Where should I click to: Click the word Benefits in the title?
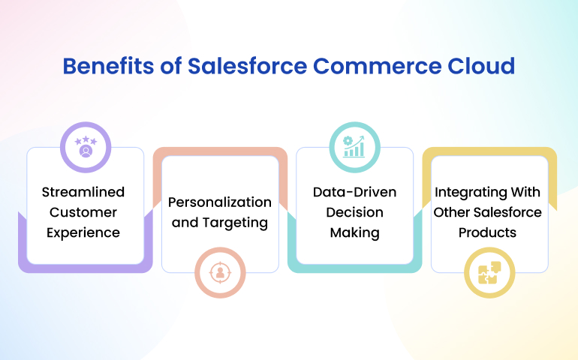click(x=108, y=66)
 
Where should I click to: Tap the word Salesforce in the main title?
click(x=248, y=66)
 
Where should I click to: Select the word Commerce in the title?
click(x=377, y=66)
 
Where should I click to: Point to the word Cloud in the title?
click(x=481, y=66)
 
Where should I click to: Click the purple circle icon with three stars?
click(x=86, y=147)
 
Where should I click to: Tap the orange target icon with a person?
click(x=220, y=273)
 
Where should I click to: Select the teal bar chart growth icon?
click(x=354, y=147)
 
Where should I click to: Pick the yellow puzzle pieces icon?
click(x=489, y=273)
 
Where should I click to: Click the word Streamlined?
click(x=83, y=192)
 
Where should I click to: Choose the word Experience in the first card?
click(x=83, y=233)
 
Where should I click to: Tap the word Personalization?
click(x=220, y=202)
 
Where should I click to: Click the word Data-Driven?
click(x=354, y=192)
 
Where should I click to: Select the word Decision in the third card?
click(x=354, y=212)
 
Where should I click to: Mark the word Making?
click(x=354, y=233)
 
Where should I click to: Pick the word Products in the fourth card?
click(x=487, y=232)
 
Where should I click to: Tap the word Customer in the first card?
click(x=83, y=212)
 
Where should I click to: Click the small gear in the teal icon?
click(x=348, y=141)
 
